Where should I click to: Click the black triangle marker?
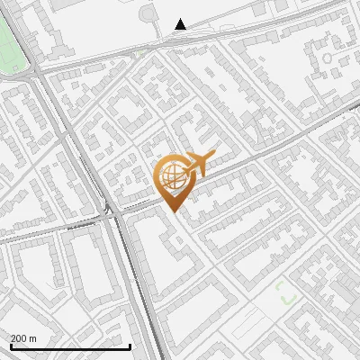click(181, 24)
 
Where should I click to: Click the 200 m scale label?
click(24, 338)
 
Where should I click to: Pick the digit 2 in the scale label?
click(14, 338)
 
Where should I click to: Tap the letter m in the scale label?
click(33, 339)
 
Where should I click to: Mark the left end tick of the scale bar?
click(10, 345)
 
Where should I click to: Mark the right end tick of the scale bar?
click(130, 345)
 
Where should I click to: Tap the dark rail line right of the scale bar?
click(147, 333)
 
